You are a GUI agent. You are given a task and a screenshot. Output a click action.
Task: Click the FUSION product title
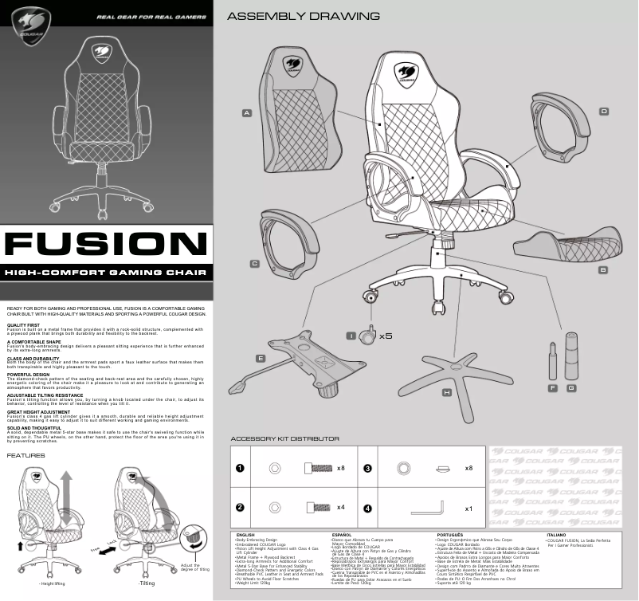pos(107,245)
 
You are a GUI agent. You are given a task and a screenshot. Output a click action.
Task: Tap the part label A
pos(248,113)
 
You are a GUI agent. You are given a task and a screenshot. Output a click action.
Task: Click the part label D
pos(603,111)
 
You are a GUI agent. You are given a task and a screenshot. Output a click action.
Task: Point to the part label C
pos(254,263)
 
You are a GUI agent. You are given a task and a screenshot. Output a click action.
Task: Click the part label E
pos(260,359)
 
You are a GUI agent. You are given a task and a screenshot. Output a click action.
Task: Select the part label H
pos(447,393)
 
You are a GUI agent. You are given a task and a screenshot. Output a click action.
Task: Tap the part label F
pos(552,387)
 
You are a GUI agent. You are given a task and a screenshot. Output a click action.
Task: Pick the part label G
pos(571,387)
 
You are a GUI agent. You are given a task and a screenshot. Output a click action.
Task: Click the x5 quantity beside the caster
pos(386,336)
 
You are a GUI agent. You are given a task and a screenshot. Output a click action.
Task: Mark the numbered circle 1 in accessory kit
pos(240,468)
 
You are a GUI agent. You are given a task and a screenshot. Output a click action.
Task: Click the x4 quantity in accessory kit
pos(340,507)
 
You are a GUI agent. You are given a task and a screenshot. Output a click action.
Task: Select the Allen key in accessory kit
pos(428,507)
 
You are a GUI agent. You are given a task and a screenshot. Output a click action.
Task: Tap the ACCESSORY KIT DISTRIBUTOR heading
pos(284,438)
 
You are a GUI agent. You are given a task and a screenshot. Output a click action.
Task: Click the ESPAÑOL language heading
pos(342,535)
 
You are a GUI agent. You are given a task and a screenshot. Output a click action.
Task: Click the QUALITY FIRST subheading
pos(23,325)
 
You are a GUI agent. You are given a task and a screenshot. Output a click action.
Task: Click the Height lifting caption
pos(53,583)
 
